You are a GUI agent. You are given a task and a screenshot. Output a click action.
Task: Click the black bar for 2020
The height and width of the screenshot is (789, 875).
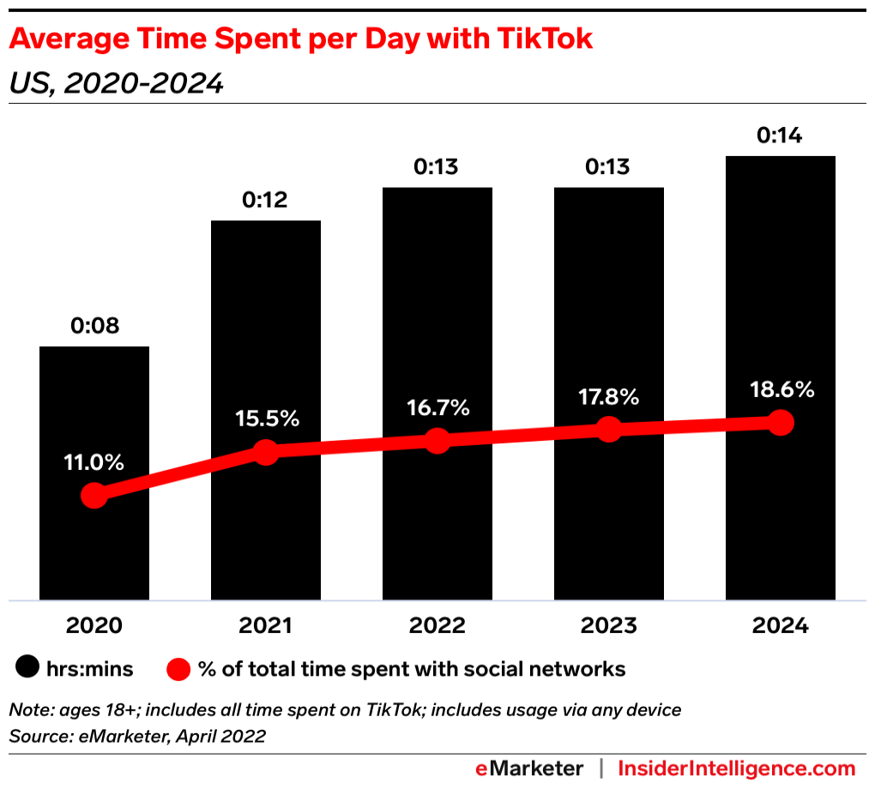click(94, 412)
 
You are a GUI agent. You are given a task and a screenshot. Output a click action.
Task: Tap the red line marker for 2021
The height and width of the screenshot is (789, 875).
click(266, 452)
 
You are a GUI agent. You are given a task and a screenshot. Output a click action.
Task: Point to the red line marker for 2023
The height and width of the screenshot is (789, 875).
click(608, 429)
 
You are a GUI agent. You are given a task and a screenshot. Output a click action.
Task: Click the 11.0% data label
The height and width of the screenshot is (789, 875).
click(94, 462)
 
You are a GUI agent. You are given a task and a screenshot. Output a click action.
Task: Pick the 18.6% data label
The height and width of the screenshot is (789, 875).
click(780, 389)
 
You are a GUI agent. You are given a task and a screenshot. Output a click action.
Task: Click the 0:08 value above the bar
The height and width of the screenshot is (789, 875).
click(94, 326)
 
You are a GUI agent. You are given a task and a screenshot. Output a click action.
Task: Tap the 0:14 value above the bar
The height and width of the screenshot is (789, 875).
click(780, 136)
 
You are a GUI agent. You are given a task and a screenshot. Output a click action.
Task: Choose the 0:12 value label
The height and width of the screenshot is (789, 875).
click(266, 200)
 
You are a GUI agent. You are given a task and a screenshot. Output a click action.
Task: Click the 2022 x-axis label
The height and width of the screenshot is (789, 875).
click(437, 626)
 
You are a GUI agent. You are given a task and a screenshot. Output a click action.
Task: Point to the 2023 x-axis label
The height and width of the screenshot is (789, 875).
click(608, 626)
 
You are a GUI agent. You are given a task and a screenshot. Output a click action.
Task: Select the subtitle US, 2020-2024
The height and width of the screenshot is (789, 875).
click(116, 83)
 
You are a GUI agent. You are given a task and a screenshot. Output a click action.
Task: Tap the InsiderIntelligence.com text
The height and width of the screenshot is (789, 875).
click(737, 768)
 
